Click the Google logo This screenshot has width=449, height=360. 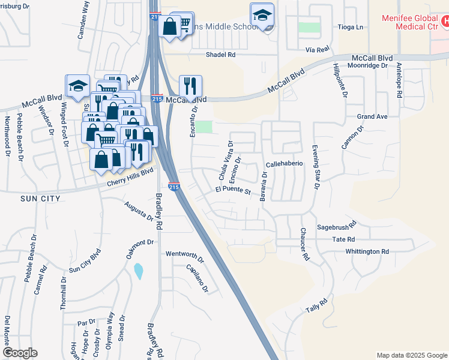tap(20, 353)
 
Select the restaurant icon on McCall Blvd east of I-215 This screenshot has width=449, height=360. tap(190, 86)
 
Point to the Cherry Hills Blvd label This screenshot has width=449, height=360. tap(127, 175)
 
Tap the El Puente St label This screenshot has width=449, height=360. tap(233, 190)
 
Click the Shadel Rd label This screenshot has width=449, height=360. tap(221, 55)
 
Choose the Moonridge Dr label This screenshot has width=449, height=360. tap(370, 58)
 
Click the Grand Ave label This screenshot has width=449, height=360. tap(373, 116)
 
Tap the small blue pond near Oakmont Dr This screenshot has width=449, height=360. tap(139, 271)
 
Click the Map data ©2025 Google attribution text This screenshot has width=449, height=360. tap(412, 355)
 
